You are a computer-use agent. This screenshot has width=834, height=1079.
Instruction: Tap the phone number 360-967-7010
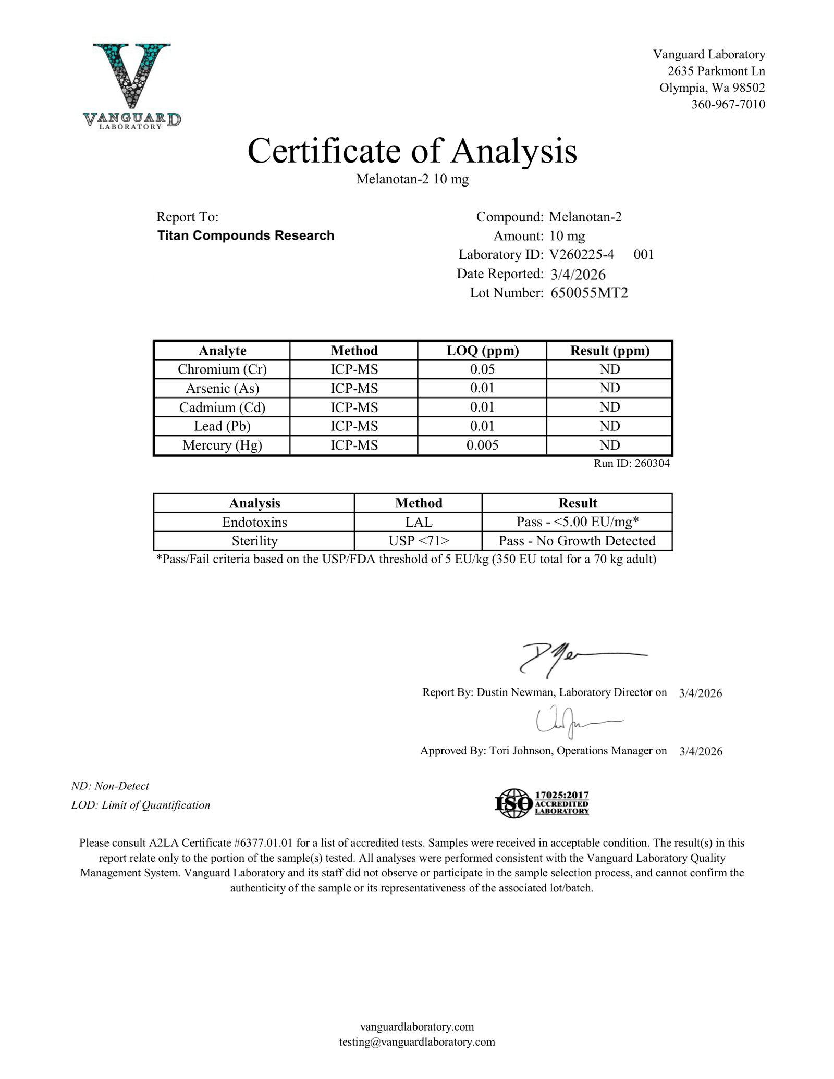[728, 104]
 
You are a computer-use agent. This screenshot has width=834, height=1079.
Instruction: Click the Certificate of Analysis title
[412, 151]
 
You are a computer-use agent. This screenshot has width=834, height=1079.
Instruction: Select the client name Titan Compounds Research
[246, 235]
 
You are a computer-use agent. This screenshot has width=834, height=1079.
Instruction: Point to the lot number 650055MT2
[589, 293]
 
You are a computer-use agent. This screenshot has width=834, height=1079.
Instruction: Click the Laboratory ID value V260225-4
[581, 255]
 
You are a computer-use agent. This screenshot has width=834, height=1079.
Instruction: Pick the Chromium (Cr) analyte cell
[222, 369]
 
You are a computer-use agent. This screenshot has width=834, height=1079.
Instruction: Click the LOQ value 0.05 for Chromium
[482, 369]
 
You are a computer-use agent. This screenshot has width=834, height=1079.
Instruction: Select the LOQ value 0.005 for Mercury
[482, 445]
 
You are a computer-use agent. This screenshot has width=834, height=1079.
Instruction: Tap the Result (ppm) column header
[609, 351]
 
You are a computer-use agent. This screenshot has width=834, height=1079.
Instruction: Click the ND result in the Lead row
[609, 426]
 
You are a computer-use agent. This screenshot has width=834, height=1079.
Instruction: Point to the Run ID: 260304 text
[631, 463]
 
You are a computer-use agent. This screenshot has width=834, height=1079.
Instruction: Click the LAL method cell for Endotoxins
[419, 522]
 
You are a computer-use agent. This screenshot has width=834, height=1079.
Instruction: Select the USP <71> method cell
[419, 541]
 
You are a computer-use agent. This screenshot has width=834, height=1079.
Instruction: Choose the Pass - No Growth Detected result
[577, 541]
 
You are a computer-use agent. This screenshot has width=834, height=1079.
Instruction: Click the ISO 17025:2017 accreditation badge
[542, 803]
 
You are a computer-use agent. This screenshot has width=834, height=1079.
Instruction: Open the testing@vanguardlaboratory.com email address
[416, 1041]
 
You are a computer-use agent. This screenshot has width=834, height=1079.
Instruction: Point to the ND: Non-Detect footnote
[110, 786]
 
